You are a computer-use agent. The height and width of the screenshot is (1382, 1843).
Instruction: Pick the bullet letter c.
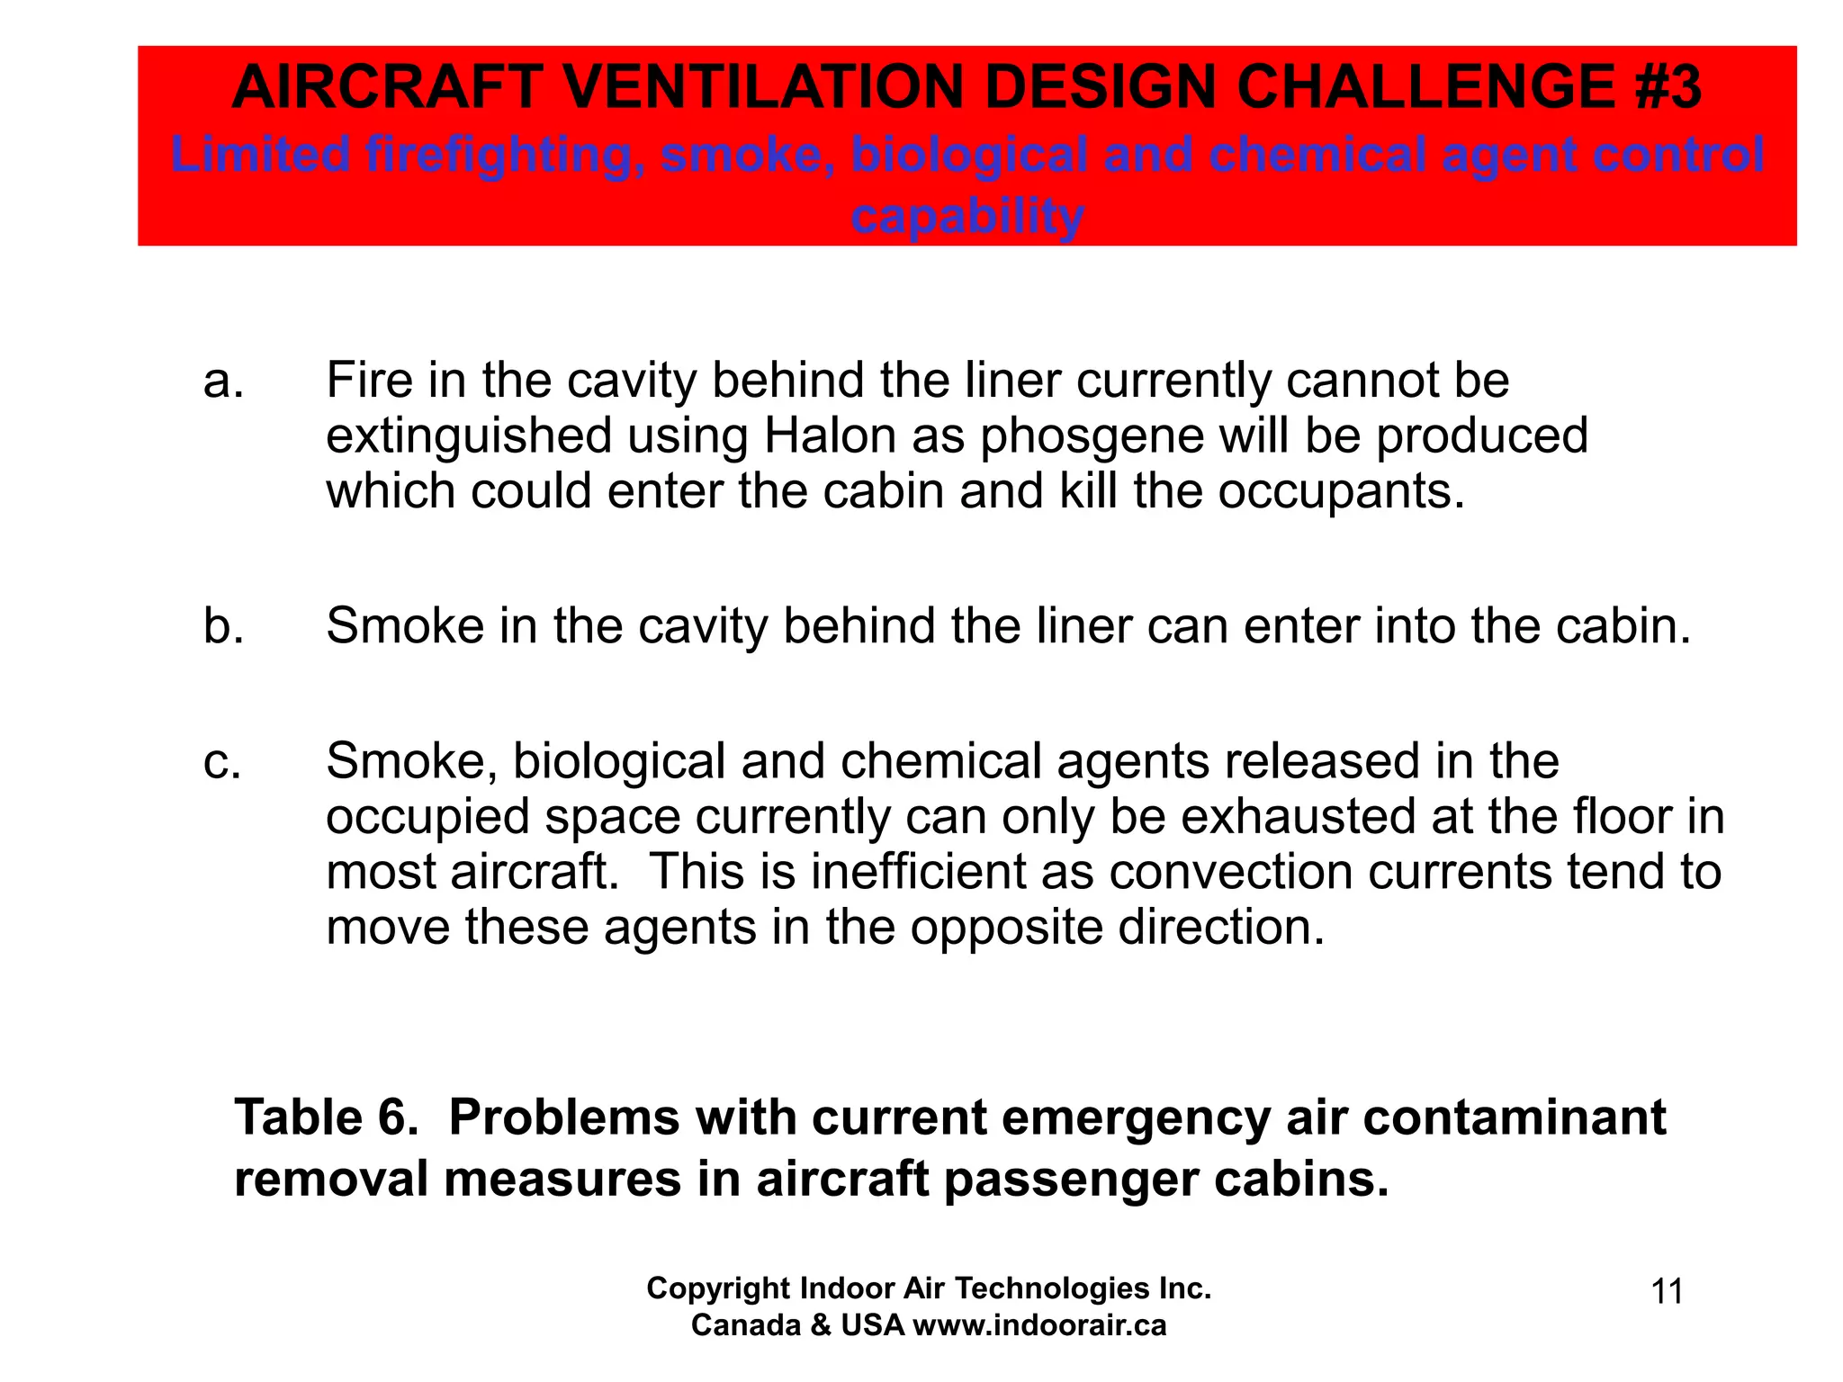pyautogui.click(x=222, y=762)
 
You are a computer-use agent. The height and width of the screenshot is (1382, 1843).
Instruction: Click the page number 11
pyautogui.click(x=1667, y=1292)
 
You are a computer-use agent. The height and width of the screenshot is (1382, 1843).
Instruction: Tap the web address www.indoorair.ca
pyautogui.click(x=1039, y=1325)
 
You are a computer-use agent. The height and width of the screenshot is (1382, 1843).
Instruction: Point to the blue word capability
pyautogui.click(x=967, y=216)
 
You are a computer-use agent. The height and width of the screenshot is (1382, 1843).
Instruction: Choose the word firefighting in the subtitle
pyautogui.click(x=504, y=155)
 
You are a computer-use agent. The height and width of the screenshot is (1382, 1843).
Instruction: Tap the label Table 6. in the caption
pyautogui.click(x=326, y=1117)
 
